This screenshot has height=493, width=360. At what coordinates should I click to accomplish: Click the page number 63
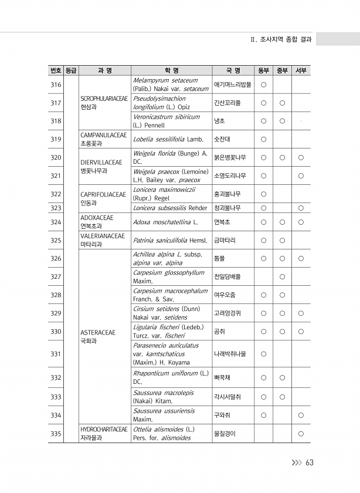pyautogui.click(x=309, y=462)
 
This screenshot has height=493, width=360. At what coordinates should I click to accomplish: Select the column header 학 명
pyautogui.click(x=171, y=71)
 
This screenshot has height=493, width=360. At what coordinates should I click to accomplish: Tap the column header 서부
pyautogui.click(x=300, y=71)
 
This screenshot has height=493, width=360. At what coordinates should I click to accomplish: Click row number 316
pyautogui.click(x=56, y=85)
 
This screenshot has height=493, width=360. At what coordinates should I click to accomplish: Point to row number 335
pyautogui.click(x=56, y=434)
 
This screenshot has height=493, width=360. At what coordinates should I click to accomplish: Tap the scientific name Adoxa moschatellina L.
pyautogui.click(x=165, y=222)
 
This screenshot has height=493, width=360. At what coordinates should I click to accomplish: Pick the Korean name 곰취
pyautogui.click(x=220, y=332)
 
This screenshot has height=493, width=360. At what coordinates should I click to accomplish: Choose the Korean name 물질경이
pyautogui.click(x=225, y=434)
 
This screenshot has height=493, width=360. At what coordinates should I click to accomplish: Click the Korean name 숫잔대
pyautogui.click(x=221, y=139)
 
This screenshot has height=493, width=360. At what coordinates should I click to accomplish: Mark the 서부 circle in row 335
pyautogui.click(x=300, y=434)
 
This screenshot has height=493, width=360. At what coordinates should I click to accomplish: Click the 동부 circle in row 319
pyautogui.click(x=264, y=139)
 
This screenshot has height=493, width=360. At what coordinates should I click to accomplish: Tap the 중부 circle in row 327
pyautogui.click(x=282, y=276)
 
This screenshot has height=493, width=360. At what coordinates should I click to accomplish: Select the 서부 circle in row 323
pyautogui.click(x=300, y=208)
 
